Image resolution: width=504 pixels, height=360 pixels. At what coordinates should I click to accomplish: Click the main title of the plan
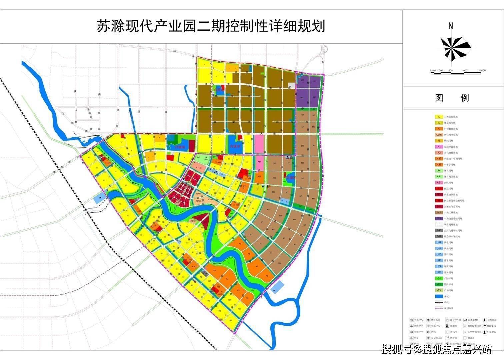pos(211,26)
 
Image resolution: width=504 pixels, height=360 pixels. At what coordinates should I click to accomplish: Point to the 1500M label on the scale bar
pos(482,71)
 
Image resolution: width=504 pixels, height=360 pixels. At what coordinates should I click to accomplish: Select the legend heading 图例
pos(452,98)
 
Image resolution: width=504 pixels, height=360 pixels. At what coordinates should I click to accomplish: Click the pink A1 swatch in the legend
pos(439,147)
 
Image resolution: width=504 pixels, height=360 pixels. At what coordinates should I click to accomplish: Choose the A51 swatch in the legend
pos(439,183)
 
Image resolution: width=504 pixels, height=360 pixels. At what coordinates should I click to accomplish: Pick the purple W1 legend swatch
pos(439,219)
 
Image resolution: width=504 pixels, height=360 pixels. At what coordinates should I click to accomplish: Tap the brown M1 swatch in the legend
pos(439,213)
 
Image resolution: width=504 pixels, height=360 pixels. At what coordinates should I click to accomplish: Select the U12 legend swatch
pos(439,243)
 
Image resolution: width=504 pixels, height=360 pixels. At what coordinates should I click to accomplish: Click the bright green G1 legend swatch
pos(439,279)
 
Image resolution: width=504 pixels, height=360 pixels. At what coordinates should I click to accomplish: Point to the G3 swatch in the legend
pos(439,291)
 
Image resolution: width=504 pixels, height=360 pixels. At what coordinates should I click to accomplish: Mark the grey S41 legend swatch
pos(439,231)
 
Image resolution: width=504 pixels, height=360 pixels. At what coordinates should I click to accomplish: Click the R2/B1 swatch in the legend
pos(439,135)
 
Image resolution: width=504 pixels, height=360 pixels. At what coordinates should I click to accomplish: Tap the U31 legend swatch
pos(439,273)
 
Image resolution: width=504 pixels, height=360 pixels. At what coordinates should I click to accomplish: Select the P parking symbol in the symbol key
pos(447,320)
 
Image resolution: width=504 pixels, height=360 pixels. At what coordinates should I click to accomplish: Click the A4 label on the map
pos(198,157)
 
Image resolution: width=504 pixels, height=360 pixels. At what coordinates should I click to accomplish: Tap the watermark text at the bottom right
pos(437,349)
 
